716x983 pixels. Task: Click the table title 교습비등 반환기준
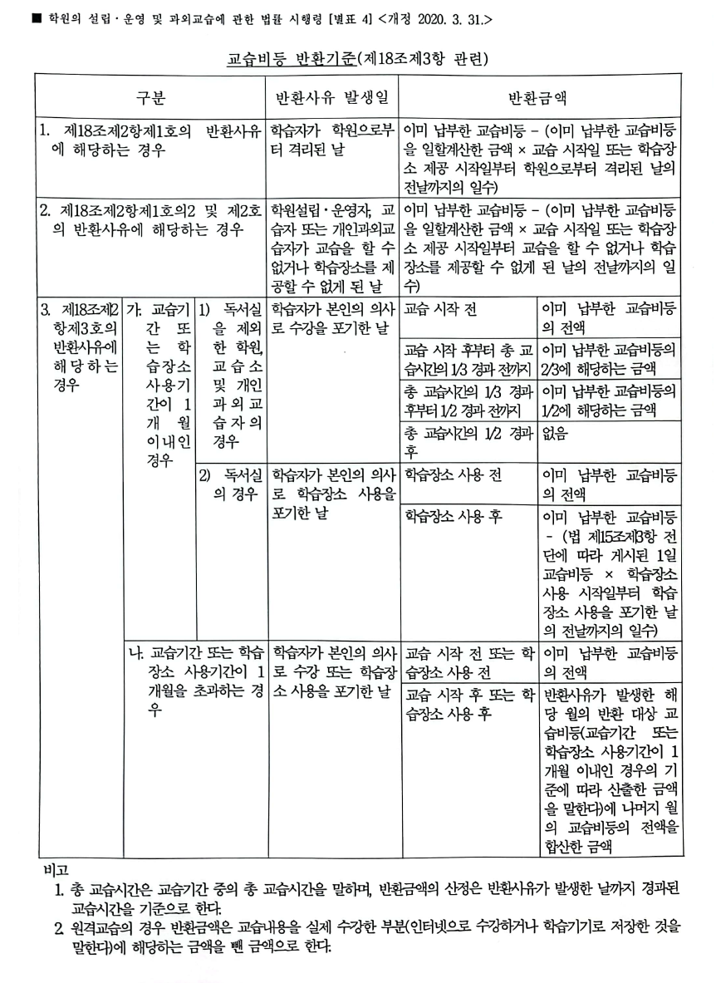[x=292, y=60]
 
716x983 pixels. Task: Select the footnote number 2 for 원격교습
[x=59, y=926]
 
